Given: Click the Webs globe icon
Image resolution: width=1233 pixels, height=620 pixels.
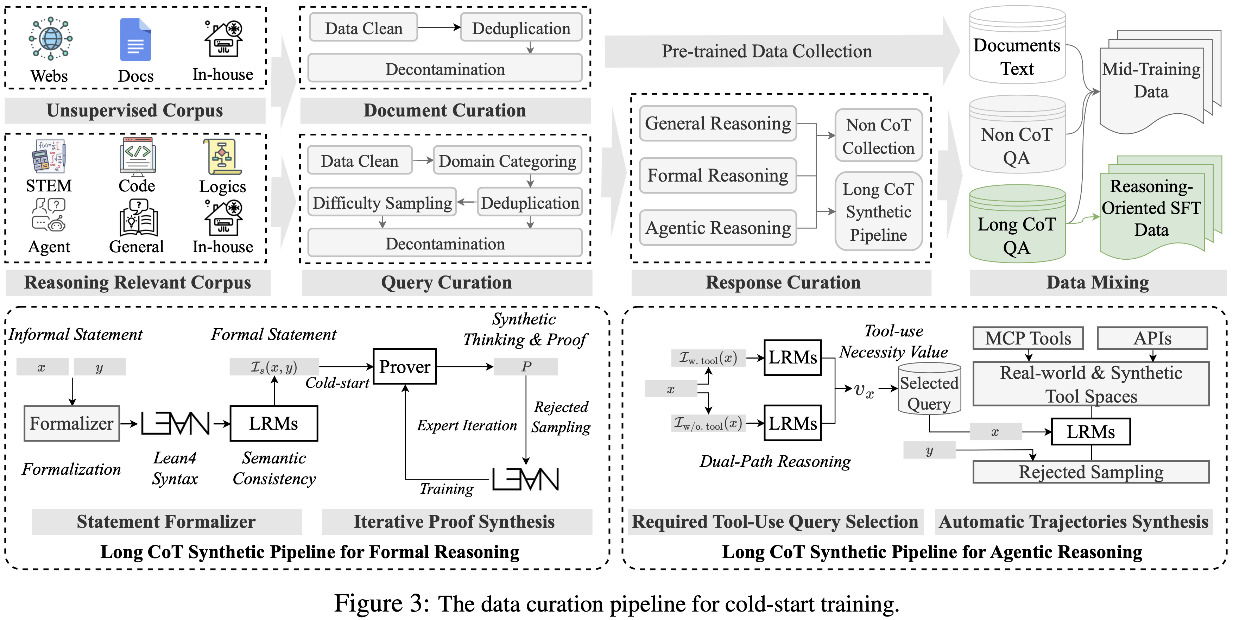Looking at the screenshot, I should (x=50, y=39).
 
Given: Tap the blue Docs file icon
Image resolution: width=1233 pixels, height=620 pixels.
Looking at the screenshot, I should (x=135, y=40).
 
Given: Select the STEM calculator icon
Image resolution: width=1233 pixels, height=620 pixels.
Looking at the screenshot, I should (x=48, y=156).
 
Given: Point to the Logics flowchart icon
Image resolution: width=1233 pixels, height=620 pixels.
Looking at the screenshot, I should (x=222, y=157).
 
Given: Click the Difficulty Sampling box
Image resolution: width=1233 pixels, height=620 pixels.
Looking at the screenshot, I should (x=382, y=203).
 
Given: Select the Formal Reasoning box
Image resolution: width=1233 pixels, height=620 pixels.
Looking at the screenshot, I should (x=717, y=176).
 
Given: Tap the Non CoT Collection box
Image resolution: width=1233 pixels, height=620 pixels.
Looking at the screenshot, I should (x=878, y=136).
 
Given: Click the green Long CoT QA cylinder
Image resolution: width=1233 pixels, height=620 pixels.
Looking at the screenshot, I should (x=1017, y=225).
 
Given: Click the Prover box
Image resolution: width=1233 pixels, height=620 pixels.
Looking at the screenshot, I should (x=404, y=367).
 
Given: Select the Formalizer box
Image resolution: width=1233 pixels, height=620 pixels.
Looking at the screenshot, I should (x=72, y=423).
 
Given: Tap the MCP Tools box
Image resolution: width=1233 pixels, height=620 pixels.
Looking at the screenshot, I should (x=1027, y=339).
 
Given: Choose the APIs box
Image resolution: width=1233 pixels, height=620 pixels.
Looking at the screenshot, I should (x=1152, y=339).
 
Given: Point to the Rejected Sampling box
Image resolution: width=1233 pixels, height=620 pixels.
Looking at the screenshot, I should (x=1090, y=472).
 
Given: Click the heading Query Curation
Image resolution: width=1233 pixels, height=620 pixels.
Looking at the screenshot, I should (x=446, y=283).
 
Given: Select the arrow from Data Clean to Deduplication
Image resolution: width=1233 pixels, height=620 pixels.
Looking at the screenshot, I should (x=438, y=27).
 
